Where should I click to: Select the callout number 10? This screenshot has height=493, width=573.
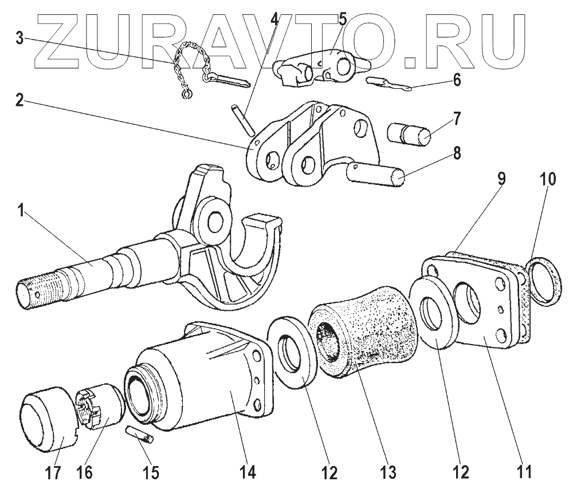(x=548, y=179)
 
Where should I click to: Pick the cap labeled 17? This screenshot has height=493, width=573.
(x=49, y=417)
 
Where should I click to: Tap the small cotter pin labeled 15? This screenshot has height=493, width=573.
(x=140, y=435)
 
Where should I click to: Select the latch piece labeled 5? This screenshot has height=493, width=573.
(x=315, y=66)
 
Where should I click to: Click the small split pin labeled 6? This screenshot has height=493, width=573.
(x=390, y=84)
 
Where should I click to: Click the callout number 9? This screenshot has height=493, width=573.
(x=500, y=179)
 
